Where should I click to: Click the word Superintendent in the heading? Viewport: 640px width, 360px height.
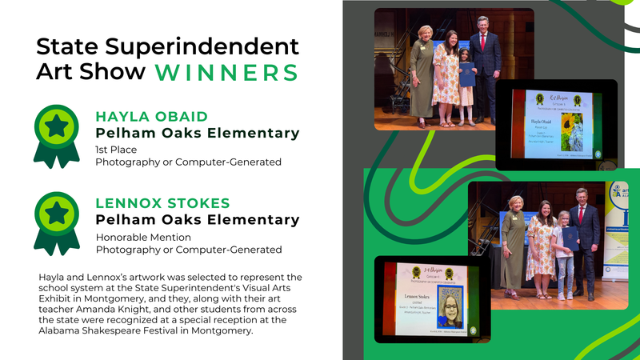click(x=208, y=46)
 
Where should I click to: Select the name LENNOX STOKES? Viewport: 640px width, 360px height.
click(x=162, y=202)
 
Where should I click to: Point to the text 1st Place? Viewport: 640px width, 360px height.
click(x=116, y=149)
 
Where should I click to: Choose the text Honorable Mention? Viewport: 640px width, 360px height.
click(x=143, y=237)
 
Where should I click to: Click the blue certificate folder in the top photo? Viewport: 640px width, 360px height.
click(x=467, y=74)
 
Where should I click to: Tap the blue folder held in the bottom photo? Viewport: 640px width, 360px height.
click(x=569, y=238)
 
